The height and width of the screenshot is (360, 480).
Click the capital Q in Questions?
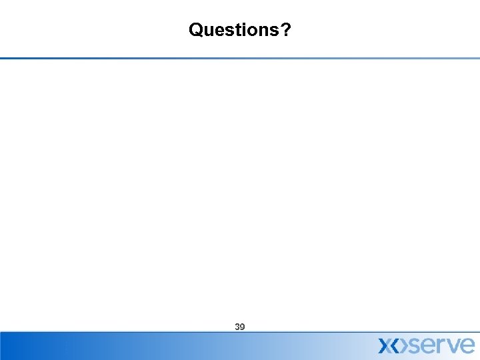196,30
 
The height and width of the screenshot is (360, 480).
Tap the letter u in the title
207,31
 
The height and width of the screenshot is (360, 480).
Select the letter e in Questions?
217,31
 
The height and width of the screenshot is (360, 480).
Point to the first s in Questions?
227,31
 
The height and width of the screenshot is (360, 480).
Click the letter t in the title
235,31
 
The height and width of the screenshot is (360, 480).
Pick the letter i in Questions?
240,30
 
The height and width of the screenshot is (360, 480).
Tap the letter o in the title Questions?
248,31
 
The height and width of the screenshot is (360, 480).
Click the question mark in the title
283,30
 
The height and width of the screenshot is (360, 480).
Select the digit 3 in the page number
237,327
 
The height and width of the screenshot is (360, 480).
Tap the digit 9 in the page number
243,327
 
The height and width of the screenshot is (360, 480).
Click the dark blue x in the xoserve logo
386,345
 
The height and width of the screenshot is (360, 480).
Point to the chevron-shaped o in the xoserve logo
400,345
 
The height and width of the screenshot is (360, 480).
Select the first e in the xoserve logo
429,345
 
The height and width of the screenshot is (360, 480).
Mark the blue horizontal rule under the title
240,58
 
